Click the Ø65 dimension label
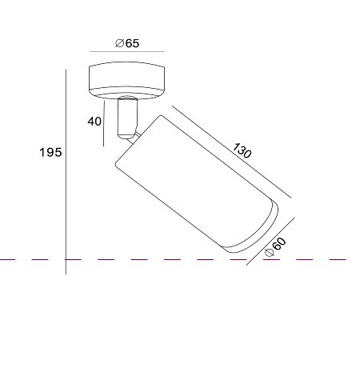(127, 43)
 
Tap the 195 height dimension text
(50, 153)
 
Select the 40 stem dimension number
(94, 122)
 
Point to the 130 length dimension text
(242, 150)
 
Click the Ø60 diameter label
(276, 247)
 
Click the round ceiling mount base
(126, 81)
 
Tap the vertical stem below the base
(127, 118)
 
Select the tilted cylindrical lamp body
(196, 184)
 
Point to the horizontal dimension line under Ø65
(127, 51)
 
